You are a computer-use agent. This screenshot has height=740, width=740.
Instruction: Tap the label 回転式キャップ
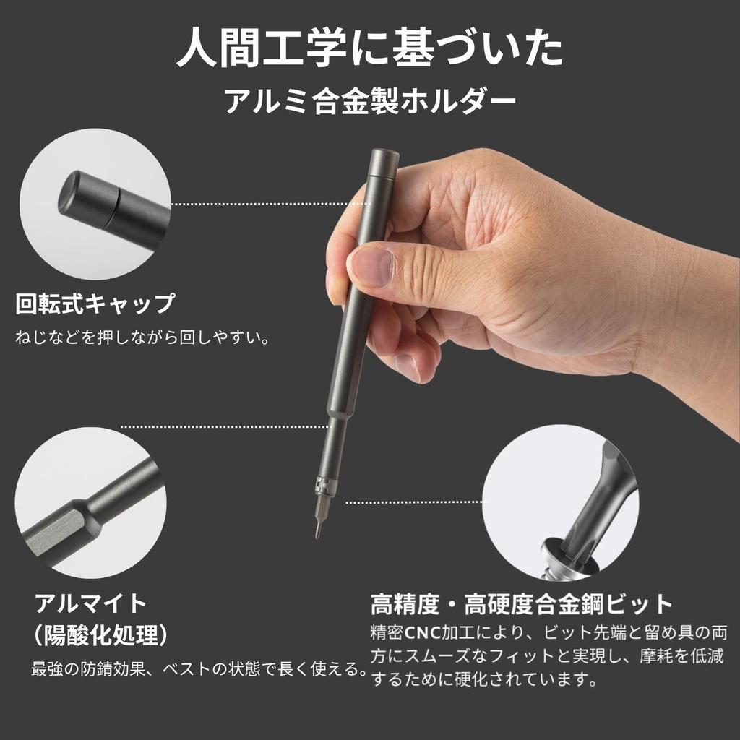point(95,304)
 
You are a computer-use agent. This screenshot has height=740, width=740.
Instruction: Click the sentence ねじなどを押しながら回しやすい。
point(142,337)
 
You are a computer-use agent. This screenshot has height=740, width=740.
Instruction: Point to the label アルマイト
point(91,602)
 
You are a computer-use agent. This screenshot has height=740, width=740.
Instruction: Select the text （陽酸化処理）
point(101,636)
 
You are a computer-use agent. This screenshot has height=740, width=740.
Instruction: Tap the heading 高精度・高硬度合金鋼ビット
point(522,603)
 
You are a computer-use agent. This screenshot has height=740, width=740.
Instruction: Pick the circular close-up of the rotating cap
point(95,204)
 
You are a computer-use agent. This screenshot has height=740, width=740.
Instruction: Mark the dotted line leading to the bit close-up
point(416,502)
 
